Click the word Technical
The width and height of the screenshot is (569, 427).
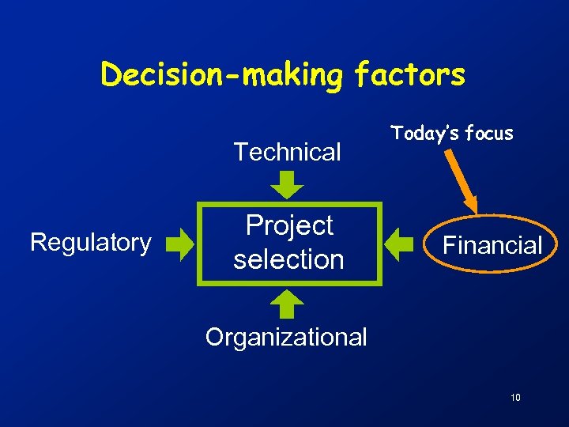pos(287,152)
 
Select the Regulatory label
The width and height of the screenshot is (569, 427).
pos(90,242)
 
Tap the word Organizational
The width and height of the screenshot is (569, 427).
pos(286,338)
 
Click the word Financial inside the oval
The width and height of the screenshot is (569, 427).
pos(492,245)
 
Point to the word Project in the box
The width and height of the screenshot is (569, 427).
pos(289,226)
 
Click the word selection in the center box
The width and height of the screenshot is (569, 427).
pos(288,259)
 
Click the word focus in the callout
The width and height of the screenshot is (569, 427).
pos(490,134)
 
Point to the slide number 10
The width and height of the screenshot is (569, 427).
pos(515,398)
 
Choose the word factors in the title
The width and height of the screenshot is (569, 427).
pos(410,75)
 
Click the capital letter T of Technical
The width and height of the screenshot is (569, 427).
pos(239,152)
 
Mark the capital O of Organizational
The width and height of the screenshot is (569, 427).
pos(213,338)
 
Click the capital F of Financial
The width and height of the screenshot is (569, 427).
pos(449,245)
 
